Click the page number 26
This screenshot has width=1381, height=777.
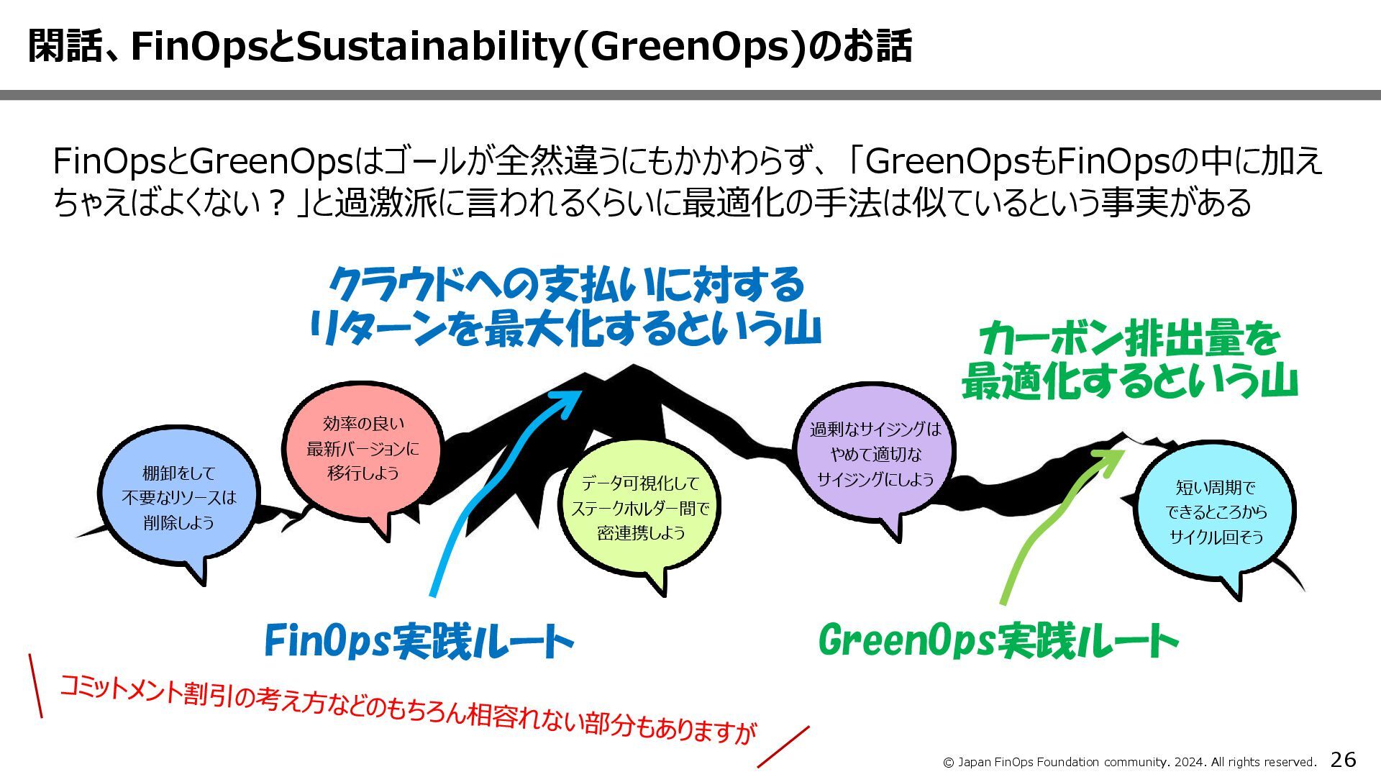(x=1343, y=759)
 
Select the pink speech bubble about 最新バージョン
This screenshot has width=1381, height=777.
(x=363, y=447)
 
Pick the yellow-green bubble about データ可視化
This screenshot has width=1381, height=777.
(x=639, y=508)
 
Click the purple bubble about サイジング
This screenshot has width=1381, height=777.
(x=875, y=454)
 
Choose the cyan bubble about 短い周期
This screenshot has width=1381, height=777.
(x=1216, y=512)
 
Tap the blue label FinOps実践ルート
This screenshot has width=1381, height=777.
(x=419, y=640)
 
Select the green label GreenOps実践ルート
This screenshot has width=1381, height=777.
(x=998, y=640)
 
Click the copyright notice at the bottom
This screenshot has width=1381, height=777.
(x=1129, y=762)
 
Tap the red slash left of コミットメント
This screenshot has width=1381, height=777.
(x=35, y=686)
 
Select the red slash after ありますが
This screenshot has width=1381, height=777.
(x=783, y=747)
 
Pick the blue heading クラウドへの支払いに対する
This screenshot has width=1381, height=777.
(x=566, y=285)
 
